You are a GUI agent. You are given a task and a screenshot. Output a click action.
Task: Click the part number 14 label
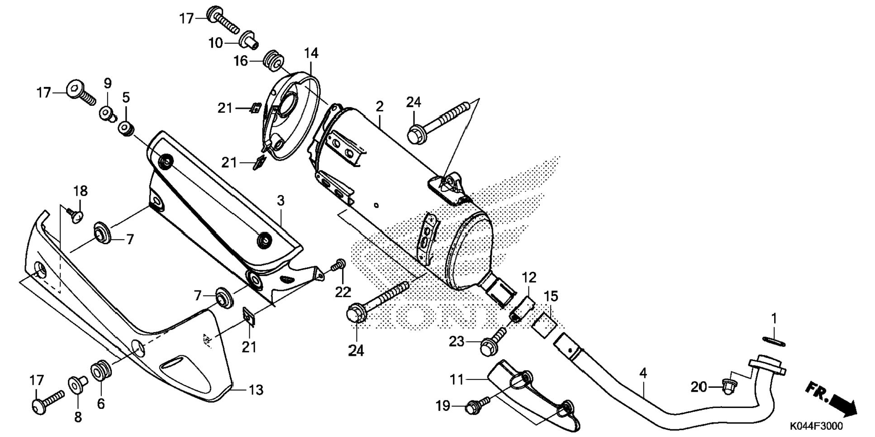[x=311, y=53]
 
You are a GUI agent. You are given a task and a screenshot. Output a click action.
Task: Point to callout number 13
[x=256, y=389]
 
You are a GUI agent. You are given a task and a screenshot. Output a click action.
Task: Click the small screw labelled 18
[x=75, y=215]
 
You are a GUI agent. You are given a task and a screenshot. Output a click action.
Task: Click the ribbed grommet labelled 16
[x=274, y=61]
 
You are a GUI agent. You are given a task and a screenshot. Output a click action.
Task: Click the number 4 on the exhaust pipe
[x=643, y=374]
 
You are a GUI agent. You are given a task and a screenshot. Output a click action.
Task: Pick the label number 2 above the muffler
[x=379, y=106]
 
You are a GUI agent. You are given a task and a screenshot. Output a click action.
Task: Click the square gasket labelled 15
[x=544, y=324]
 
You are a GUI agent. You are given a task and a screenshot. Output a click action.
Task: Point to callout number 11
[x=457, y=379]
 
